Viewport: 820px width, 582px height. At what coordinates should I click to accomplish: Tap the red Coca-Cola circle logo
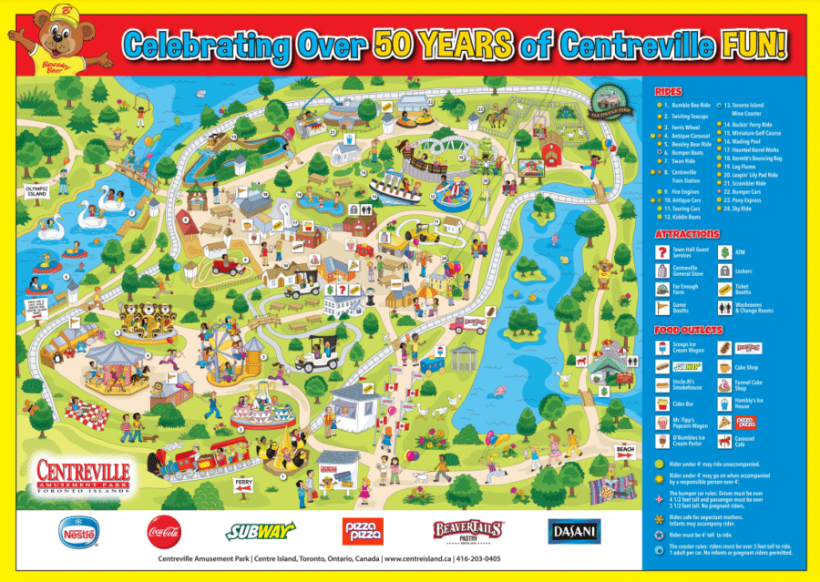click(164, 529)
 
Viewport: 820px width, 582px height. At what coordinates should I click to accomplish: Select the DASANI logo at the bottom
click(572, 529)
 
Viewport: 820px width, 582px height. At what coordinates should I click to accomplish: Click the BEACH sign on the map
click(624, 450)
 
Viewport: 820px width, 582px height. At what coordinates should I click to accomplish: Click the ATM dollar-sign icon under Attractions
click(725, 251)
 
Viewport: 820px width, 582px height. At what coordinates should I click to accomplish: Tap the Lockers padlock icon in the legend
click(725, 271)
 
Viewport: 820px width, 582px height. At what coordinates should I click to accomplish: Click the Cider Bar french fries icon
click(662, 403)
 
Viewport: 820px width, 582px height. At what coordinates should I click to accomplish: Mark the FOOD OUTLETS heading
click(687, 330)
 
